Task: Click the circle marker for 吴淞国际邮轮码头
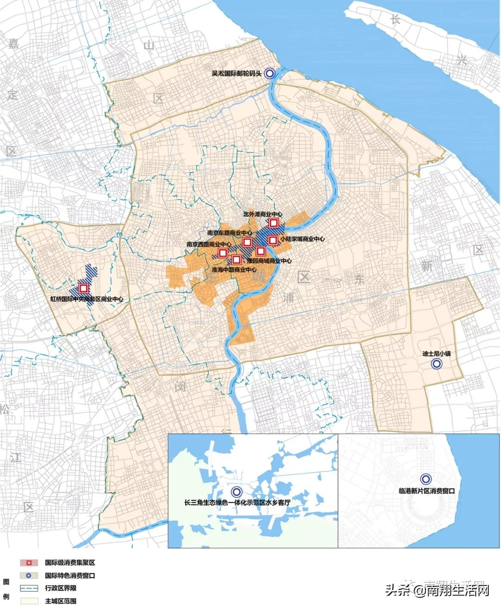[269, 73]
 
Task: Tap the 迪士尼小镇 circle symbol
[437, 364]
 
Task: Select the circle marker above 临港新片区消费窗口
[425, 479]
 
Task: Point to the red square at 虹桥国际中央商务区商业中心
[83, 288]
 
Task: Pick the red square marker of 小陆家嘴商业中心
[273, 239]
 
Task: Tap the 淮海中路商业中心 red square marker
[236, 259]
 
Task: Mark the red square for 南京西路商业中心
[222, 252]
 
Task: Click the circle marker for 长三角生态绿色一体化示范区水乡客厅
[236, 492]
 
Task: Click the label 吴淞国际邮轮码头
[237, 73]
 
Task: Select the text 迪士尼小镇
[436, 354]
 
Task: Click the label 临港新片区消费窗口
[426, 491]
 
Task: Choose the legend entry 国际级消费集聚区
[70, 563]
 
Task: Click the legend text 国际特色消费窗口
[70, 576]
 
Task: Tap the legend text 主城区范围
[60, 601]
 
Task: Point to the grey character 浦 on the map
[289, 297]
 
